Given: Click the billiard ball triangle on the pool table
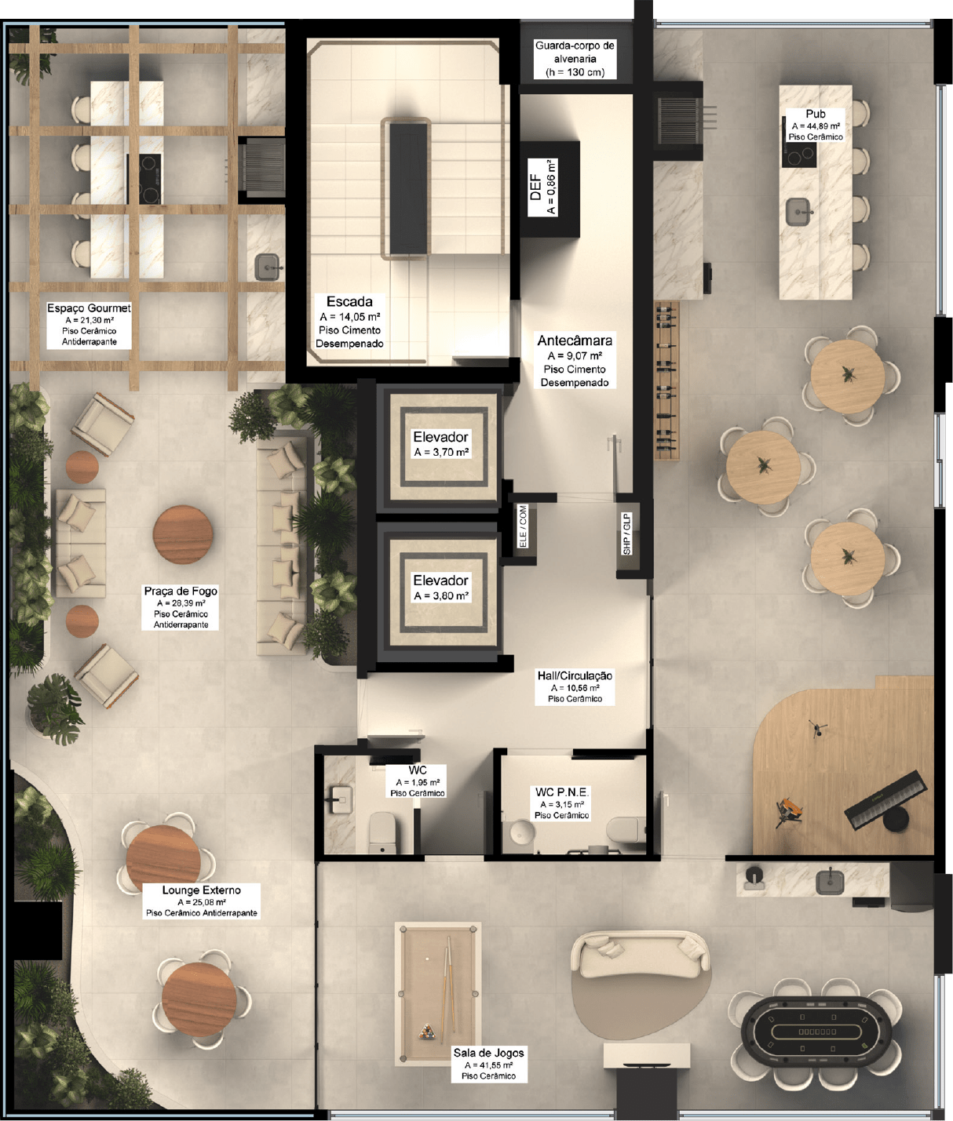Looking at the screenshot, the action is point(426,1031).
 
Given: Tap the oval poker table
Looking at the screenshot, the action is point(819,1031).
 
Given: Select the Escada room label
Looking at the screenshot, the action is point(349,322).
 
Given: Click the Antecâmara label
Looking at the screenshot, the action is point(575,361).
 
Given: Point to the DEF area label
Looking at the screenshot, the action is point(542,187).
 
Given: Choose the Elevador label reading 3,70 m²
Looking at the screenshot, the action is point(440,444).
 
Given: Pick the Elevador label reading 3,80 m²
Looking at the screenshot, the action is point(440,588).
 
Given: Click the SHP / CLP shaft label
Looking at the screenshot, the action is point(627,533).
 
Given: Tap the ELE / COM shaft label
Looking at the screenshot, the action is point(523,526).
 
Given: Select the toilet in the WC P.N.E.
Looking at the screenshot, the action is point(625,829).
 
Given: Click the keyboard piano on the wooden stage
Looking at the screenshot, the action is point(885,800).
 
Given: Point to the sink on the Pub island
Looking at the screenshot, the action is point(798,212).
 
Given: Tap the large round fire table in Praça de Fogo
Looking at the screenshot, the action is point(183,535).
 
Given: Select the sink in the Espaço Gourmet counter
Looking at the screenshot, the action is point(268,267).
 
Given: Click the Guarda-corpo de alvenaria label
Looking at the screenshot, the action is point(575,59).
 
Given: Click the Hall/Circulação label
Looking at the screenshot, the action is point(575,686).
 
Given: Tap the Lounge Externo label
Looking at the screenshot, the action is point(201,901).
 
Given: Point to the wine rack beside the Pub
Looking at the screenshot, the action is point(667,380).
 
